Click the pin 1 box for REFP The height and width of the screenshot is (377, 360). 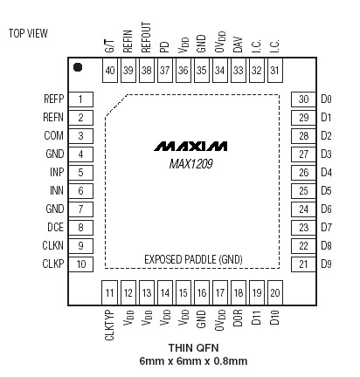80,99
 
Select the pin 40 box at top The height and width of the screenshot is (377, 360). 110,71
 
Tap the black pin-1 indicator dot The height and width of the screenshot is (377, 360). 78,67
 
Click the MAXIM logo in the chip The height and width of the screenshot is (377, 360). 191,144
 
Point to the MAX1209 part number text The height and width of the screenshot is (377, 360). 191,161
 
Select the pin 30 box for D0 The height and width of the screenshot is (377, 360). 303,99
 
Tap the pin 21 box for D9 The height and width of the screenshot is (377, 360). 303,264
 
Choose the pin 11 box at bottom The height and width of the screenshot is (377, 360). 110,292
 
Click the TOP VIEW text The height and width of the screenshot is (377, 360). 28,34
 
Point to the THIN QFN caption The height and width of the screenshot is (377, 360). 191,348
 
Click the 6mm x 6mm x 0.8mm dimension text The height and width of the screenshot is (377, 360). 192,361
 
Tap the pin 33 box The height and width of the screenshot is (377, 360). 238,71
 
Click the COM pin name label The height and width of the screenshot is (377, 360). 52,136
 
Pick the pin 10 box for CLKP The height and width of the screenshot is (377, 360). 80,264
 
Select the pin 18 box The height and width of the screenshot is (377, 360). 238,292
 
